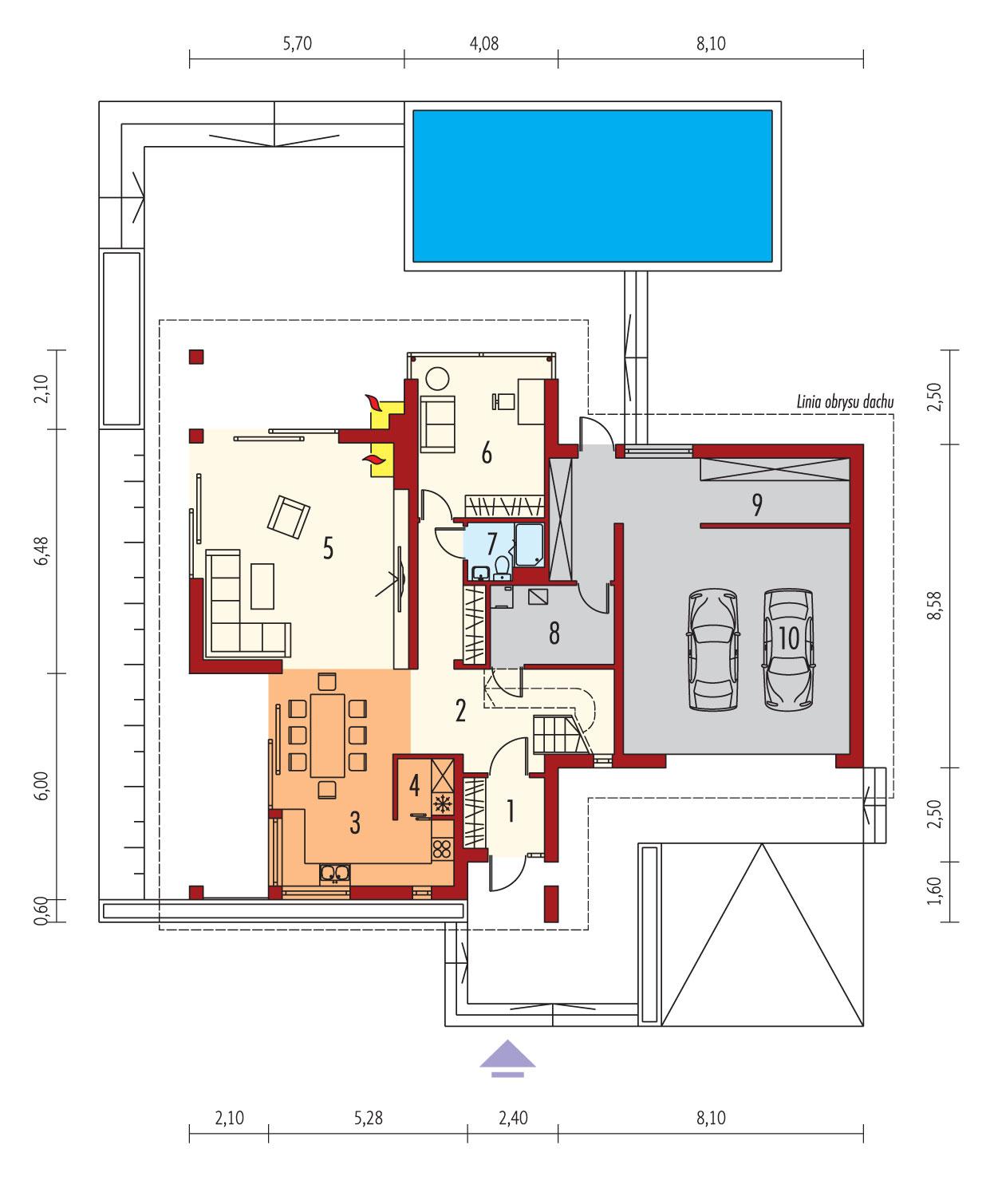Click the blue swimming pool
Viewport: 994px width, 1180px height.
pyautogui.click(x=592, y=186)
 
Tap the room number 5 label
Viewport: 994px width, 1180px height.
pyautogui.click(x=327, y=548)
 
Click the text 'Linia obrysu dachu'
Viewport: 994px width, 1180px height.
pyautogui.click(x=843, y=404)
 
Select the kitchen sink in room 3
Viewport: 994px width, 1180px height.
pyautogui.click(x=334, y=873)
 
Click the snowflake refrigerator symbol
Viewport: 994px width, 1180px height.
pyautogui.click(x=440, y=803)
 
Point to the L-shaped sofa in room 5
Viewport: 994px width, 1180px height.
pyautogui.click(x=239, y=622)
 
